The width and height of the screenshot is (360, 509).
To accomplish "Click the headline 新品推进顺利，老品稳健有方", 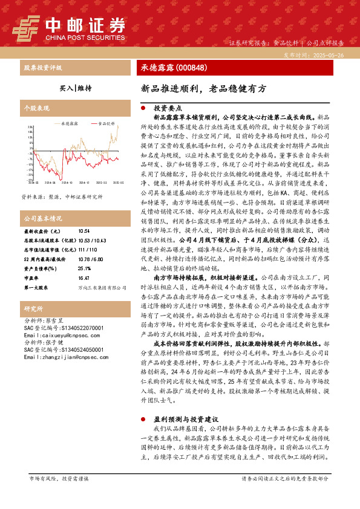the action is click(203, 88).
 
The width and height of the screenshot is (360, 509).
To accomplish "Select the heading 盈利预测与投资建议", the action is click(187, 418).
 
